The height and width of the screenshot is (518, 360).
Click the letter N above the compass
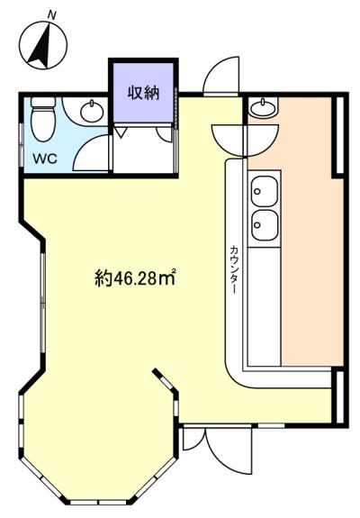coord(52,15)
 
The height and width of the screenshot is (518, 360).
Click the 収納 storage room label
coord(144,93)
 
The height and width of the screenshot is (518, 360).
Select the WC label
coord(45,159)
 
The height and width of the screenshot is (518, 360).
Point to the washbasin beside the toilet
coord(90,111)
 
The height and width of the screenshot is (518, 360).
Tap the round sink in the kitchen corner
coord(263,107)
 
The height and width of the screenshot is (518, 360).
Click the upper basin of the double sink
coord(264,191)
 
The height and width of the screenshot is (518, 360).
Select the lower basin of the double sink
coord(264,225)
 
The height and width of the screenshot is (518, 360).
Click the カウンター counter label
coord(234,269)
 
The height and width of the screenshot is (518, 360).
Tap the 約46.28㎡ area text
coord(135,278)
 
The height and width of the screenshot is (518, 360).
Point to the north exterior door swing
coord(221,77)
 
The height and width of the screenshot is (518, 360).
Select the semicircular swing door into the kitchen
coord(246,140)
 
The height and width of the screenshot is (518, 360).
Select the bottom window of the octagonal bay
coord(99,503)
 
